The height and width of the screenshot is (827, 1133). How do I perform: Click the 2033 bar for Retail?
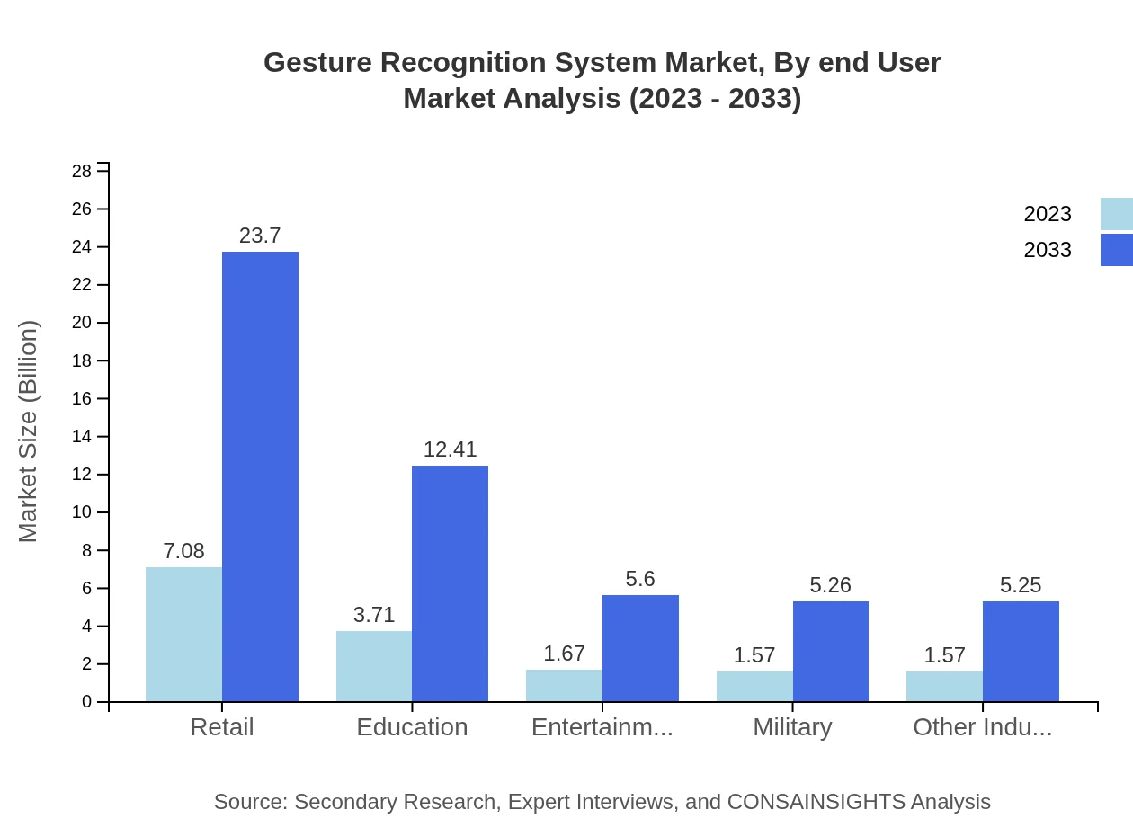tap(260, 476)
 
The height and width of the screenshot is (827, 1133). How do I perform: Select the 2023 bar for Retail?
tap(183, 634)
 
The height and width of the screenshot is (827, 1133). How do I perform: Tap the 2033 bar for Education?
tap(450, 583)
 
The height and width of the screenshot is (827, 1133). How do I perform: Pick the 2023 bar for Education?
tap(374, 666)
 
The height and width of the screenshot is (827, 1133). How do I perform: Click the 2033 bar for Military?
tap(831, 651)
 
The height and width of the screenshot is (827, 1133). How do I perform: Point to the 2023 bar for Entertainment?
tap(564, 685)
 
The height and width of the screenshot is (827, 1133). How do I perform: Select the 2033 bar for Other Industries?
tap(1021, 651)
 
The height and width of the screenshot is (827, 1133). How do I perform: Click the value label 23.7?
tap(260, 236)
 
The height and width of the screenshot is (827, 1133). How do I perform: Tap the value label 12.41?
tap(450, 449)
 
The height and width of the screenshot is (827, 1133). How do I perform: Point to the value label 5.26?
tap(830, 585)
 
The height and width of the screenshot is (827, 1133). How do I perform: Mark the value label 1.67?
tap(564, 654)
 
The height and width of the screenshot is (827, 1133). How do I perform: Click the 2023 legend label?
tap(1048, 214)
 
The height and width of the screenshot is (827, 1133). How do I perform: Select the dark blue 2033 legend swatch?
tap(1116, 250)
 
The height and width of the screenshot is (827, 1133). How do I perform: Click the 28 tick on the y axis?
tap(82, 171)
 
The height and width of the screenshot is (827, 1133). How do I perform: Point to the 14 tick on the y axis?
tap(82, 437)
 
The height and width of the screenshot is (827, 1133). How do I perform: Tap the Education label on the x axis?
tap(412, 727)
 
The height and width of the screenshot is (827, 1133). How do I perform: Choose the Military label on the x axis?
tap(792, 727)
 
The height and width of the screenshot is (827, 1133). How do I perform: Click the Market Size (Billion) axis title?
tap(29, 431)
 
